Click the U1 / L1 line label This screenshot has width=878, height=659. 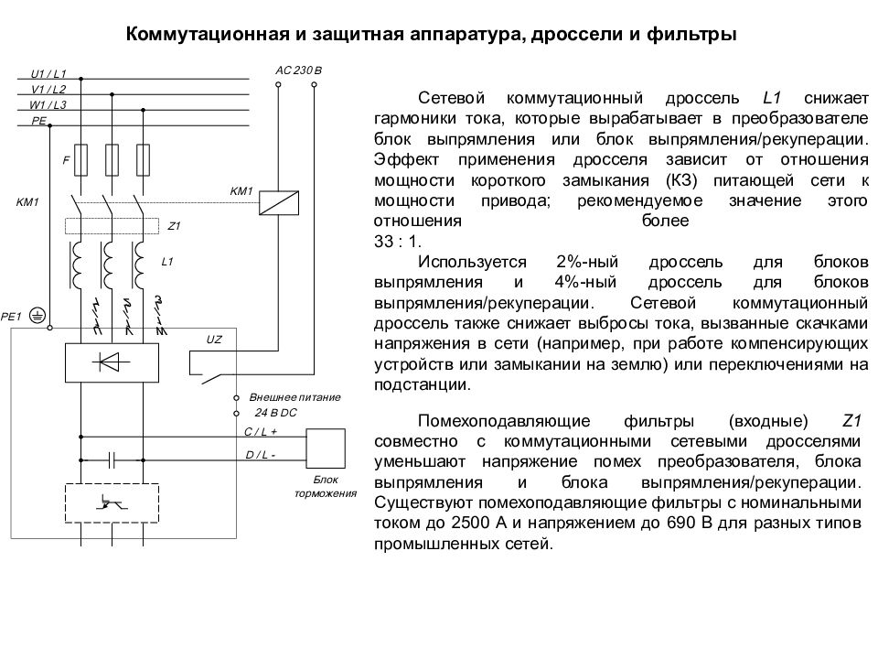click(x=48, y=74)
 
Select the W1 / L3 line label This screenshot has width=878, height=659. click(x=48, y=104)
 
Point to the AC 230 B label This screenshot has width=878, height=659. click(x=298, y=70)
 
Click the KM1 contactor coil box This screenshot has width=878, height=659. click(x=279, y=203)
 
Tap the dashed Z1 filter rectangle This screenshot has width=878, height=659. click(x=112, y=226)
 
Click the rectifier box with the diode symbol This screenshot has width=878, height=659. click(x=112, y=362)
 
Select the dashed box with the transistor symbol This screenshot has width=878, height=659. click(x=112, y=503)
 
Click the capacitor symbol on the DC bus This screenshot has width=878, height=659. click(x=112, y=460)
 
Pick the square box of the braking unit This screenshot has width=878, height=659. click(x=326, y=448)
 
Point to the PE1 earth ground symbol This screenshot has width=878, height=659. click(x=37, y=316)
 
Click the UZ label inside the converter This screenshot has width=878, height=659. click(x=214, y=340)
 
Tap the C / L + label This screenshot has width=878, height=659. click(x=261, y=431)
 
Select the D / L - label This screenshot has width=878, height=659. click(x=261, y=455)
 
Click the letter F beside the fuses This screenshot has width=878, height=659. click(x=66, y=160)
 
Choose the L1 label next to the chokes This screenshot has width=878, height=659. click(x=166, y=262)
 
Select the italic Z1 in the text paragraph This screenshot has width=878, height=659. click(x=851, y=421)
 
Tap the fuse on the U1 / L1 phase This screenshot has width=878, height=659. click(x=81, y=160)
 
